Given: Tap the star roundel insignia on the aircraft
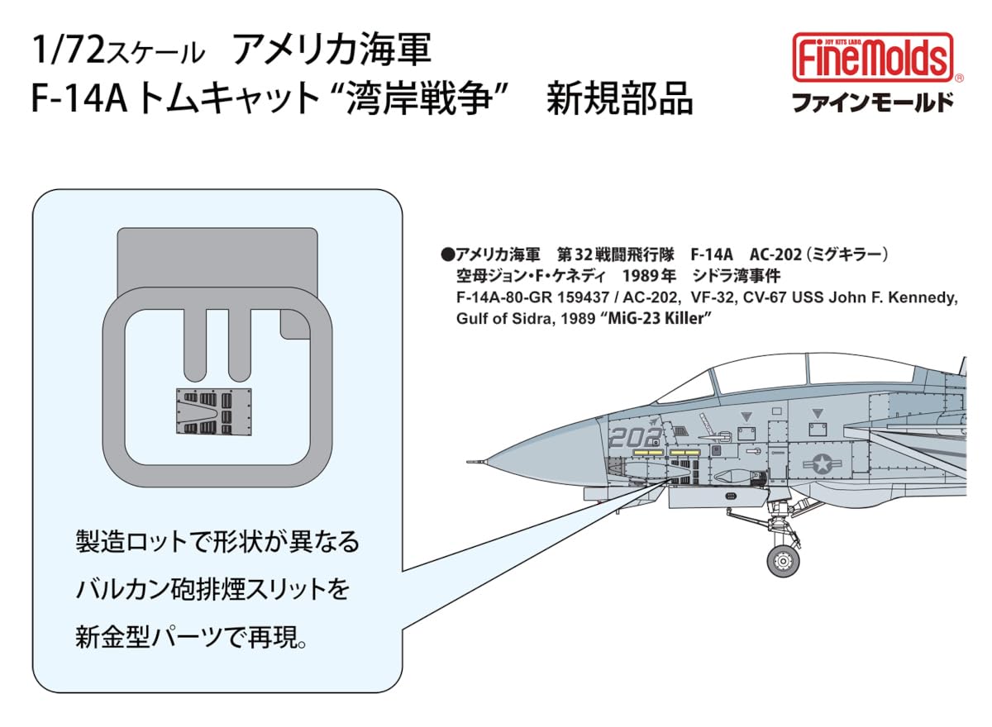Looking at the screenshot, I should (823, 464).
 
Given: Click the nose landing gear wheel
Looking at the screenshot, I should (782, 561).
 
